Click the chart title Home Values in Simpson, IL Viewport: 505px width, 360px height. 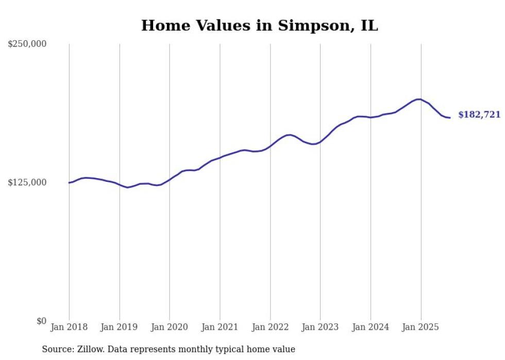pyautogui.click(x=260, y=26)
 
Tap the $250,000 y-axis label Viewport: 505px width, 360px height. pyautogui.click(x=27, y=44)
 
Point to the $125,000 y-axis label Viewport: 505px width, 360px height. pyautogui.click(x=27, y=182)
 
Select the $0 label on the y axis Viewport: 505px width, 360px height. pyautogui.click(x=41, y=321)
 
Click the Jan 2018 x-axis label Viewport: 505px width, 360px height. pyautogui.click(x=69, y=327)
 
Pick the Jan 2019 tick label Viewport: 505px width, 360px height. pyautogui.click(x=120, y=327)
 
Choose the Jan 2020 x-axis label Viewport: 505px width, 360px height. pyautogui.click(x=170, y=327)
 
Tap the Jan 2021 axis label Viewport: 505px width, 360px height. pyautogui.click(x=220, y=327)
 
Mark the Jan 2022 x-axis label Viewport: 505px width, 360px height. pyautogui.click(x=270, y=327)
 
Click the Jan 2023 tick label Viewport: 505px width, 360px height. pyautogui.click(x=320, y=327)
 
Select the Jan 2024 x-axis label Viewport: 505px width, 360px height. pyautogui.click(x=371, y=327)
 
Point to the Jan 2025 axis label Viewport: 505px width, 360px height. pyautogui.click(x=420, y=327)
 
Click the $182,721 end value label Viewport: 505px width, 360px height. pyautogui.click(x=479, y=115)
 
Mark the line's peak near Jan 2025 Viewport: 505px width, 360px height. pyautogui.click(x=419, y=99)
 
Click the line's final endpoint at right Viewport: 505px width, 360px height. pyautogui.click(x=450, y=118)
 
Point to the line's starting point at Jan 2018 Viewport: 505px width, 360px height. pyautogui.click(x=69, y=183)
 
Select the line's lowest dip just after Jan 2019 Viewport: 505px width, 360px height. pyautogui.click(x=128, y=187)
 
